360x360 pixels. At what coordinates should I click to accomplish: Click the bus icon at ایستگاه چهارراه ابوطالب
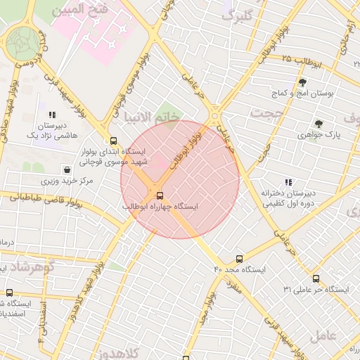point(160,195)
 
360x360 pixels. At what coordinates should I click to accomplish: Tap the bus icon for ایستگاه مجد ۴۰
point(240,259)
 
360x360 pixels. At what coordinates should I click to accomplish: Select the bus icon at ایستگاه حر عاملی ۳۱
point(316,278)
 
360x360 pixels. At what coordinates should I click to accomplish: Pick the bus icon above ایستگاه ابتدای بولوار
point(114,140)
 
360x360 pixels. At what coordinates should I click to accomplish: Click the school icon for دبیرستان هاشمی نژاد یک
point(51,115)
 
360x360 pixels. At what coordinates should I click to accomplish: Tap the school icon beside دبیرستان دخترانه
point(289,182)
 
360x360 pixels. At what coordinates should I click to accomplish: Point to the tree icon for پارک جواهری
point(319,123)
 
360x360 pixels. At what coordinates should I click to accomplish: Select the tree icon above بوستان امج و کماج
point(302,82)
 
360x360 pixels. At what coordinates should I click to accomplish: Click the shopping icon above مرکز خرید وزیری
point(67,169)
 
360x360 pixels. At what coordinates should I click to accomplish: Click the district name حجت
point(267,112)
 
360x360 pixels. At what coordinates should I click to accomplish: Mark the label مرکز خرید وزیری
point(68,181)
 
